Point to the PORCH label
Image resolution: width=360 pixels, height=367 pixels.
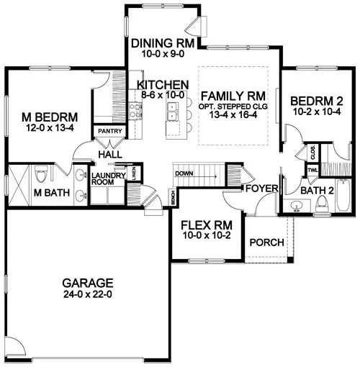tap(266, 242)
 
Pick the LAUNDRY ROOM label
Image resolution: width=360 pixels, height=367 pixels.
tap(109, 178)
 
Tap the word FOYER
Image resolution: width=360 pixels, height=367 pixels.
tap(258, 189)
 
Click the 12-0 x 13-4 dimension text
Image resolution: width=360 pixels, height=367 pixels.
tap(48, 128)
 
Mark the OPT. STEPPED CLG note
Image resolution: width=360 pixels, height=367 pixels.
tap(234, 106)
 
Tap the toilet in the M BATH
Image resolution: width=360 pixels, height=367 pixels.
tap(42, 174)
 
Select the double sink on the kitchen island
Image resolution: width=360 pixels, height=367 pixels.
tap(173, 109)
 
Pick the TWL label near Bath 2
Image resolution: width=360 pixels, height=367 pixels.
tap(312, 171)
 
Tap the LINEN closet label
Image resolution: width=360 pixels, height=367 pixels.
tap(138, 173)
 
